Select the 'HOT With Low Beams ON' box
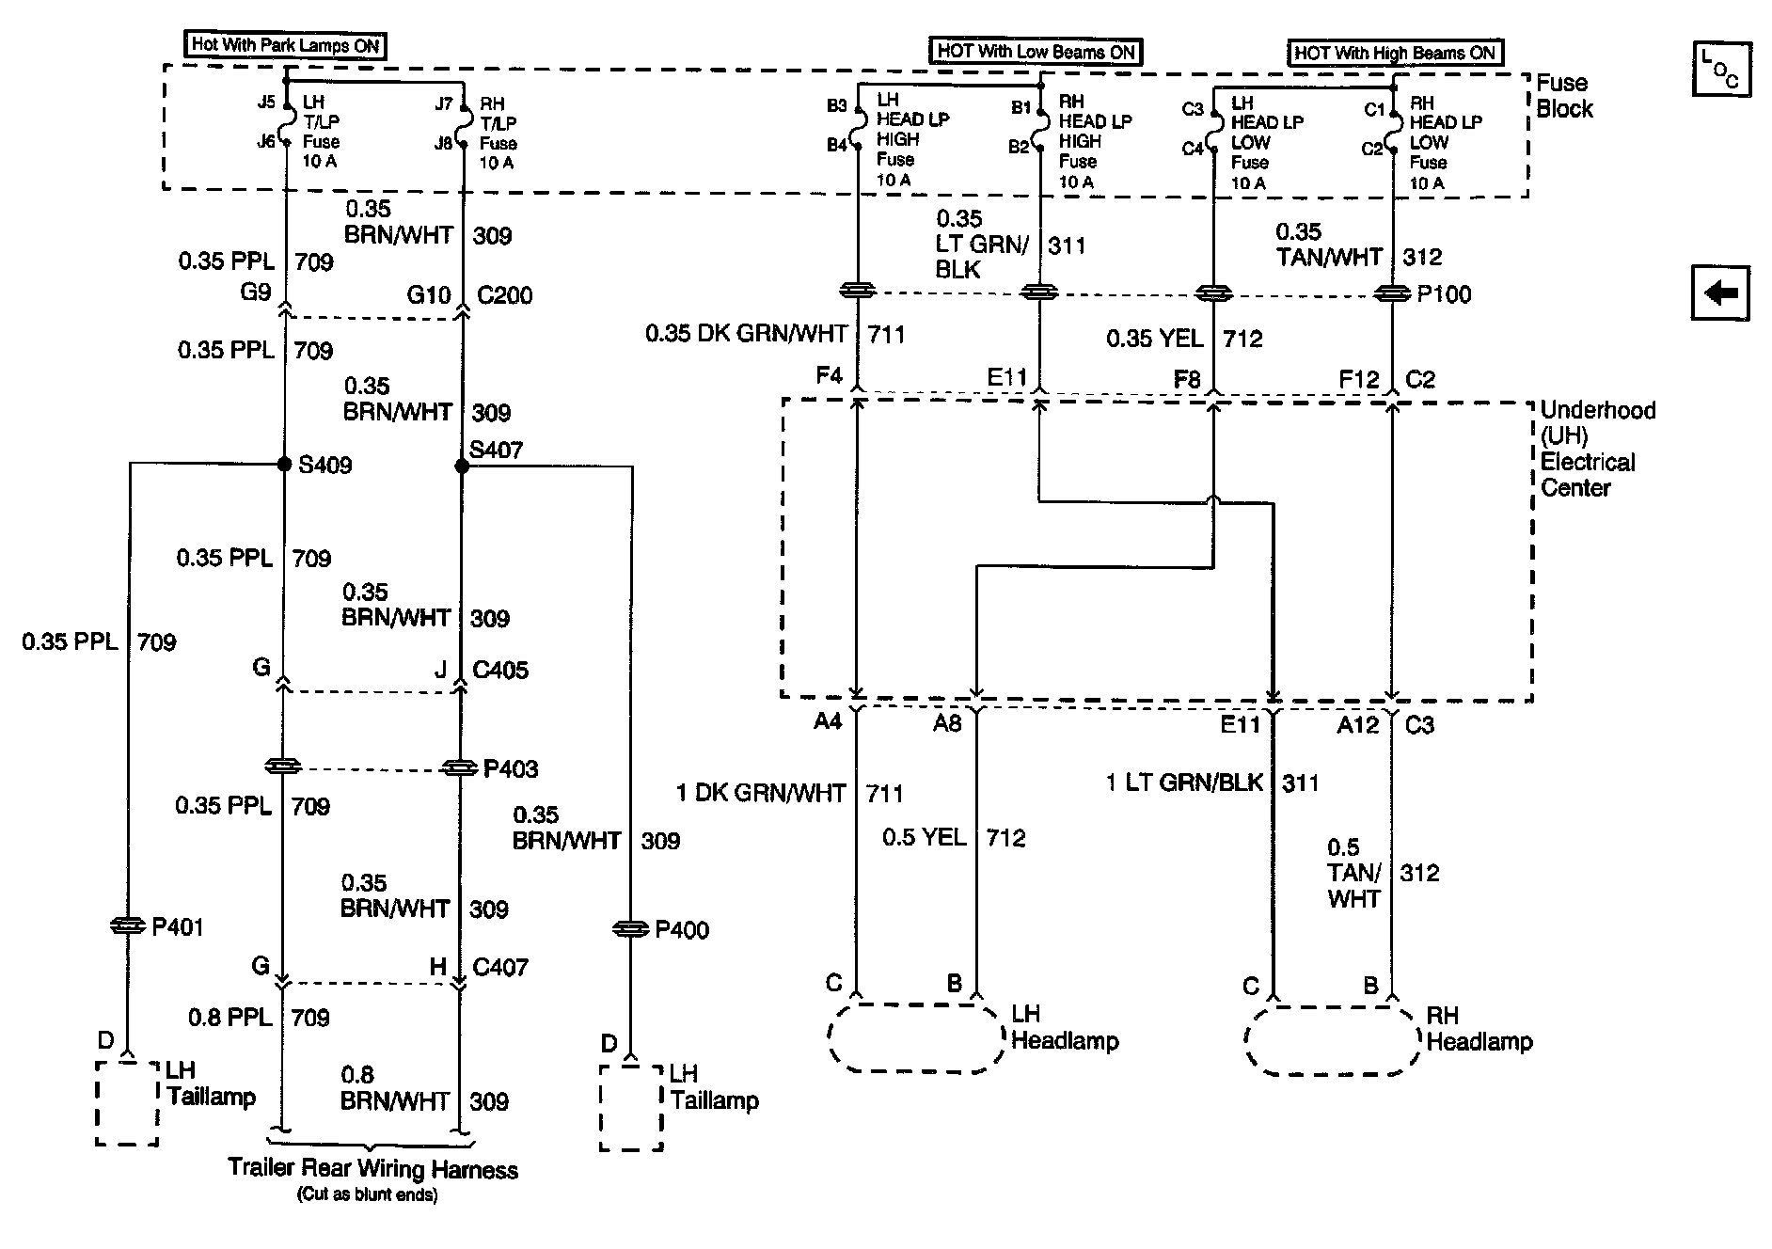pyautogui.click(x=1036, y=52)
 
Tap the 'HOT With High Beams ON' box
pyautogui.click(x=1395, y=53)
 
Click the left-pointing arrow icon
pyautogui.click(x=1720, y=294)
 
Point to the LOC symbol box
pyautogui.click(x=1721, y=69)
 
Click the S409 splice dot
pyautogui.click(x=283, y=464)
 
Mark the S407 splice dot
pyautogui.click(x=461, y=466)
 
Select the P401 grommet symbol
pyautogui.click(x=127, y=926)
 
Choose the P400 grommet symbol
pyautogui.click(x=631, y=929)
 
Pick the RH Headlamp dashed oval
pyautogui.click(x=1332, y=1007)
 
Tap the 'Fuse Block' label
pyautogui.click(x=1565, y=96)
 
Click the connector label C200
pyautogui.click(x=505, y=295)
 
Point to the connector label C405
pyautogui.click(x=500, y=671)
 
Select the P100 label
pyautogui.click(x=1445, y=294)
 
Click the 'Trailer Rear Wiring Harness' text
pyautogui.click(x=372, y=1169)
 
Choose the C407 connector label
pyautogui.click(x=500, y=967)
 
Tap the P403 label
pyautogui.click(x=511, y=769)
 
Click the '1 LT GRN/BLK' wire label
pyautogui.click(x=1184, y=783)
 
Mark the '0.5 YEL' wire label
pyautogui.click(x=924, y=837)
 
